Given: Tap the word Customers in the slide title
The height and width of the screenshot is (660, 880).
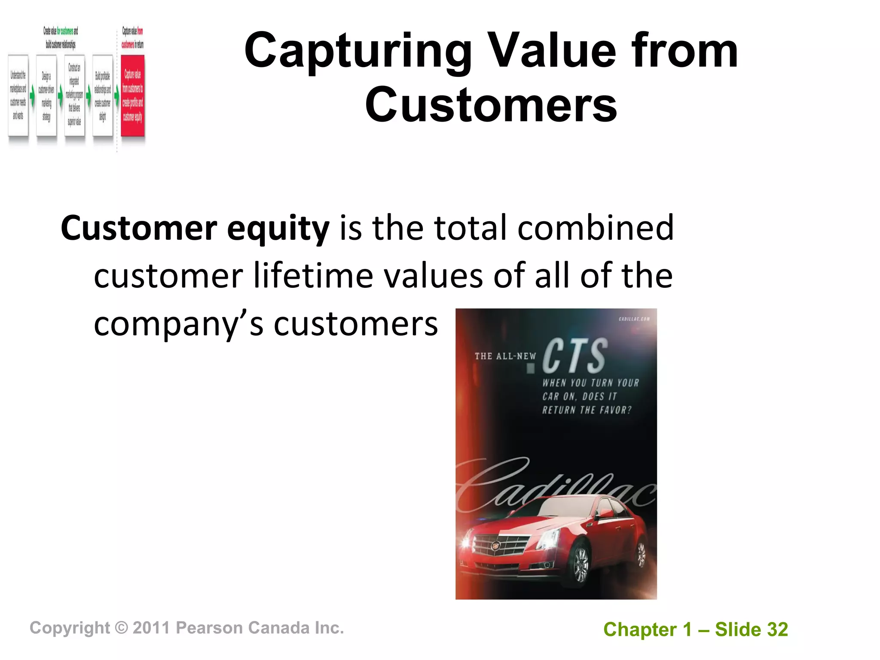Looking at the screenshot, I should (491, 105).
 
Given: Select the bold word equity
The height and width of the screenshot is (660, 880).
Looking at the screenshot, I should (278, 228).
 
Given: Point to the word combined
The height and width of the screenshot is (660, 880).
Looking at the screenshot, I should (596, 228).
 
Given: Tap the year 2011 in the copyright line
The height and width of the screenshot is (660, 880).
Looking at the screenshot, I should (151, 628).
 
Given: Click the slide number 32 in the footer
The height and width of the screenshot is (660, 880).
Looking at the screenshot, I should (777, 630).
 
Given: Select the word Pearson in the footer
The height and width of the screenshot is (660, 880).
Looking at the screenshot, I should (209, 628).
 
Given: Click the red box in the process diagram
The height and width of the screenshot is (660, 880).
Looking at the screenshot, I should (132, 95).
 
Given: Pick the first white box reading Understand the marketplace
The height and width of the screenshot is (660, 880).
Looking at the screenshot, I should (18, 95).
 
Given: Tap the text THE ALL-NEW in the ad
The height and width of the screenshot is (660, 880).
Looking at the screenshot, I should (505, 356).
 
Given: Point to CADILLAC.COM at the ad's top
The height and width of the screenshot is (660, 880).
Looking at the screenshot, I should (634, 319).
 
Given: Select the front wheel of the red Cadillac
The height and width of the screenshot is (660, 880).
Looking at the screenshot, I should (581, 563).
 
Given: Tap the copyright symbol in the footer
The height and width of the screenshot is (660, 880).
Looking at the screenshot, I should (122, 628).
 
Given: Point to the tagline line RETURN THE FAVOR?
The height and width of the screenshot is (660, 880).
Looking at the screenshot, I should (587, 410).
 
